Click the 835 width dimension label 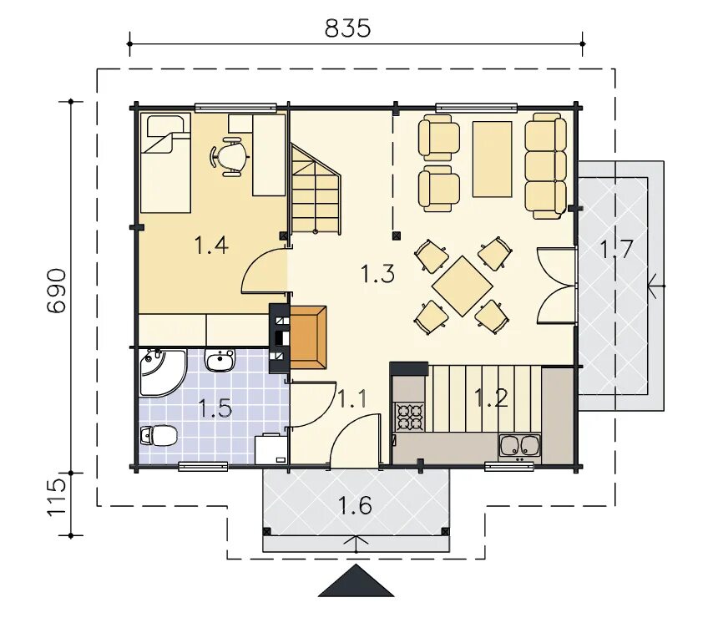click(x=348, y=28)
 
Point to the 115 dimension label click(x=57, y=498)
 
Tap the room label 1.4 click(x=211, y=246)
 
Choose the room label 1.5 click(x=215, y=408)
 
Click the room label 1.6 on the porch click(x=355, y=505)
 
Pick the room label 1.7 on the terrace click(x=616, y=249)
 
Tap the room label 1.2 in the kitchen click(x=491, y=398)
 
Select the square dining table click(x=463, y=286)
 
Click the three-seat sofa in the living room click(x=546, y=166)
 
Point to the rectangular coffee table click(x=492, y=160)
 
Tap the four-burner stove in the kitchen click(x=410, y=417)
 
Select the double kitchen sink click(x=520, y=445)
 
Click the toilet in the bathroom click(x=159, y=436)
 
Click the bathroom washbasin click(x=220, y=360)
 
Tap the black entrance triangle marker click(x=356, y=580)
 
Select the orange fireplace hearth click(x=308, y=337)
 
